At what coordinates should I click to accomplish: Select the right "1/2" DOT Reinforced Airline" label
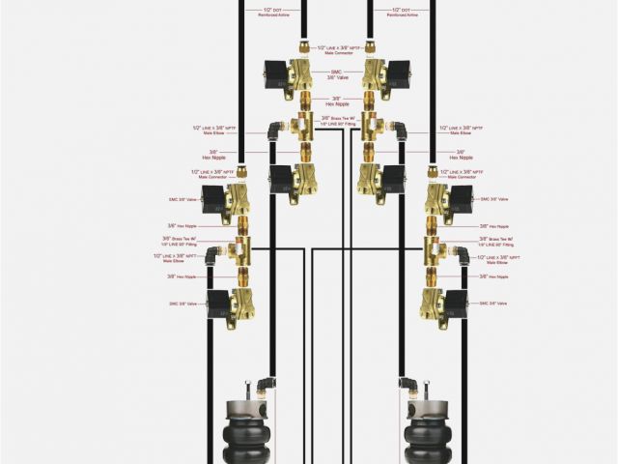(x=403, y=13)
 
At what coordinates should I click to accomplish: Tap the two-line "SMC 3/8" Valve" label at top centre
(x=336, y=73)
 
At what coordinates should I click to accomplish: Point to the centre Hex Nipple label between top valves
(x=336, y=101)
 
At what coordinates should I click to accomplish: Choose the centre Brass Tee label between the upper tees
(x=336, y=123)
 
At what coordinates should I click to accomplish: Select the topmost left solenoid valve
(x=290, y=74)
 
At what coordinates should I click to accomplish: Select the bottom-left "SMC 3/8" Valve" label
(x=184, y=304)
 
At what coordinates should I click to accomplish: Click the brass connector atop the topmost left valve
(x=303, y=47)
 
